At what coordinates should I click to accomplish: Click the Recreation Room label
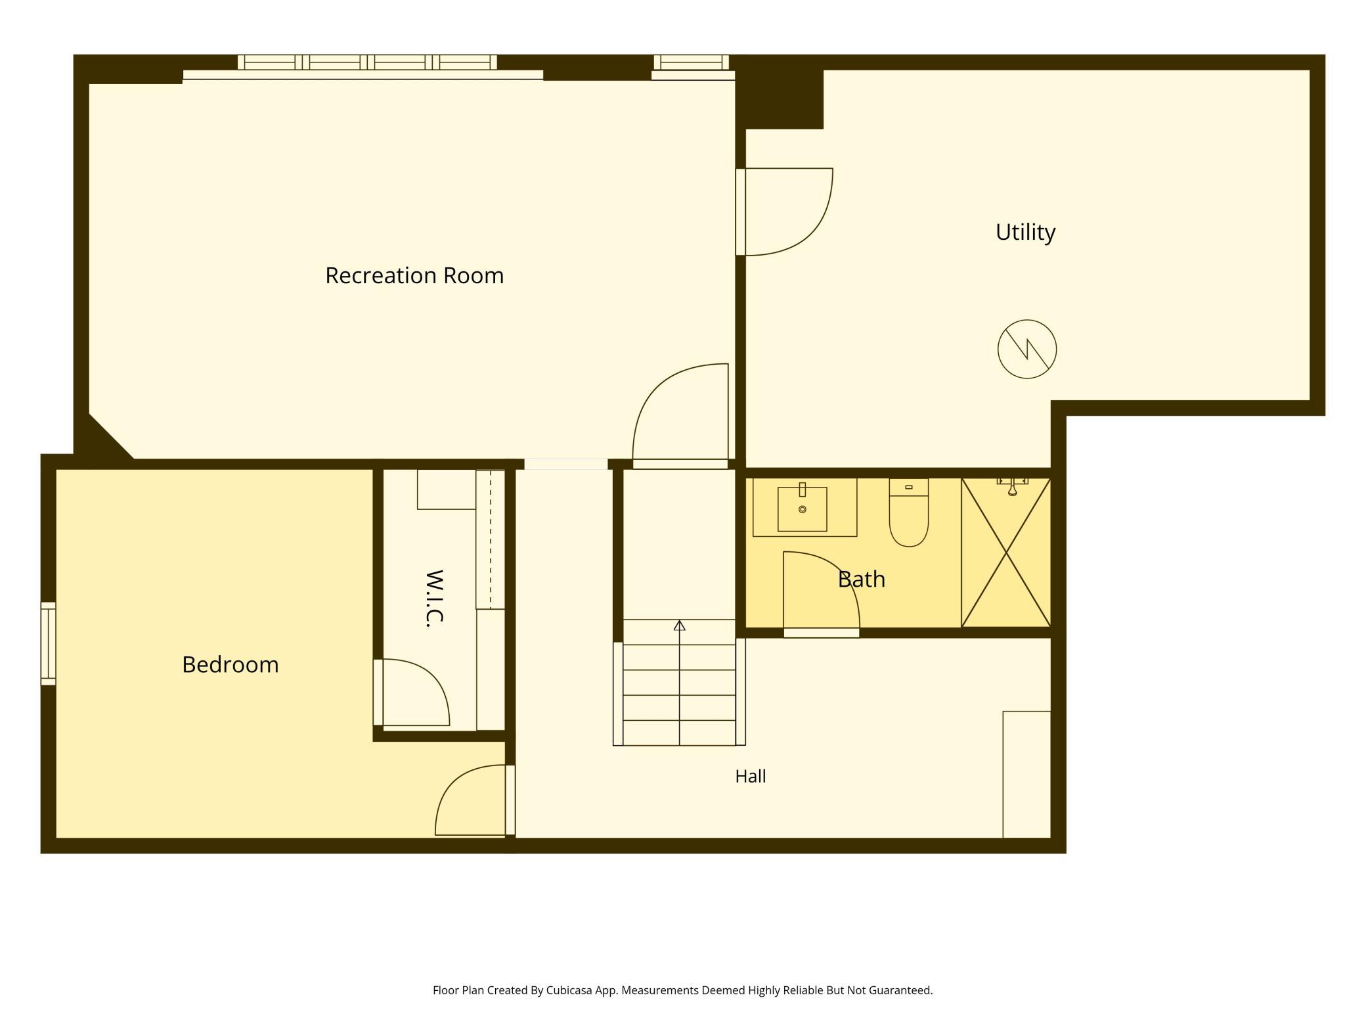pos(414,275)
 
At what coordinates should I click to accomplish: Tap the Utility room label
pos(1025,232)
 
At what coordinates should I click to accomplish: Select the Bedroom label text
pos(231,664)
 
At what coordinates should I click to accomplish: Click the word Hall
pos(751,776)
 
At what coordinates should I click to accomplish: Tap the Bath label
pos(862,579)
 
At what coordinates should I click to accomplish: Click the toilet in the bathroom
pos(909,512)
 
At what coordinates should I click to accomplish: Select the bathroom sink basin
pos(803,509)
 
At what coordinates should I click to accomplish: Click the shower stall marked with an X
pos(1006,553)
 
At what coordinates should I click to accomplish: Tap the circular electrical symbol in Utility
pos(1027,349)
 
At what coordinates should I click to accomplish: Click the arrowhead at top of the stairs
pos(680,626)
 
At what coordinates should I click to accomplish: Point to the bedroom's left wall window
pos(48,643)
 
